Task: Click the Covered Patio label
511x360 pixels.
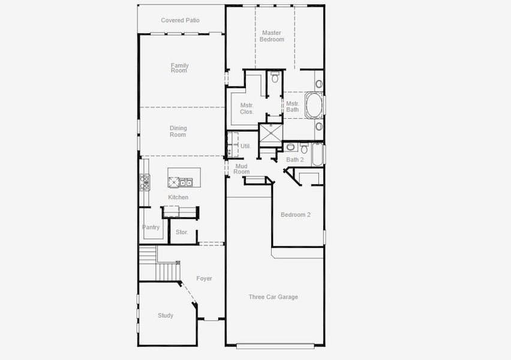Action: tap(180, 20)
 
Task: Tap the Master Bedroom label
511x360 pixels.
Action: tap(272, 36)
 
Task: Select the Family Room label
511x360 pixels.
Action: tap(179, 68)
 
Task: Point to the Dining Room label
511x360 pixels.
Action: tap(178, 131)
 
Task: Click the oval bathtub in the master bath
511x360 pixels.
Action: tap(314, 106)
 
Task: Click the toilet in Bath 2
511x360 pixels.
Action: tap(304, 148)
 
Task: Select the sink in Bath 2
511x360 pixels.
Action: tap(290, 147)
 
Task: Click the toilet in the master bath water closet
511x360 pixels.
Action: tap(275, 77)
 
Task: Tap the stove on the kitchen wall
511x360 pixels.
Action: tap(145, 182)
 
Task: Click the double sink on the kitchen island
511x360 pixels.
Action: tap(184, 182)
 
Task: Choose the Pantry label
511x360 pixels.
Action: tap(151, 227)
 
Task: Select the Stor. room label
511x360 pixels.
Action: tap(182, 232)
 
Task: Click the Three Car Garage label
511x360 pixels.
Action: tap(273, 297)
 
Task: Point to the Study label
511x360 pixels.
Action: tap(166, 316)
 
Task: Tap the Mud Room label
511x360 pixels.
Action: tap(242, 169)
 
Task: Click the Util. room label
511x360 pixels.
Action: tap(245, 146)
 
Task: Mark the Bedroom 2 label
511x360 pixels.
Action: tap(296, 215)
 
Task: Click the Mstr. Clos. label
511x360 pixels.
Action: tap(247, 109)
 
